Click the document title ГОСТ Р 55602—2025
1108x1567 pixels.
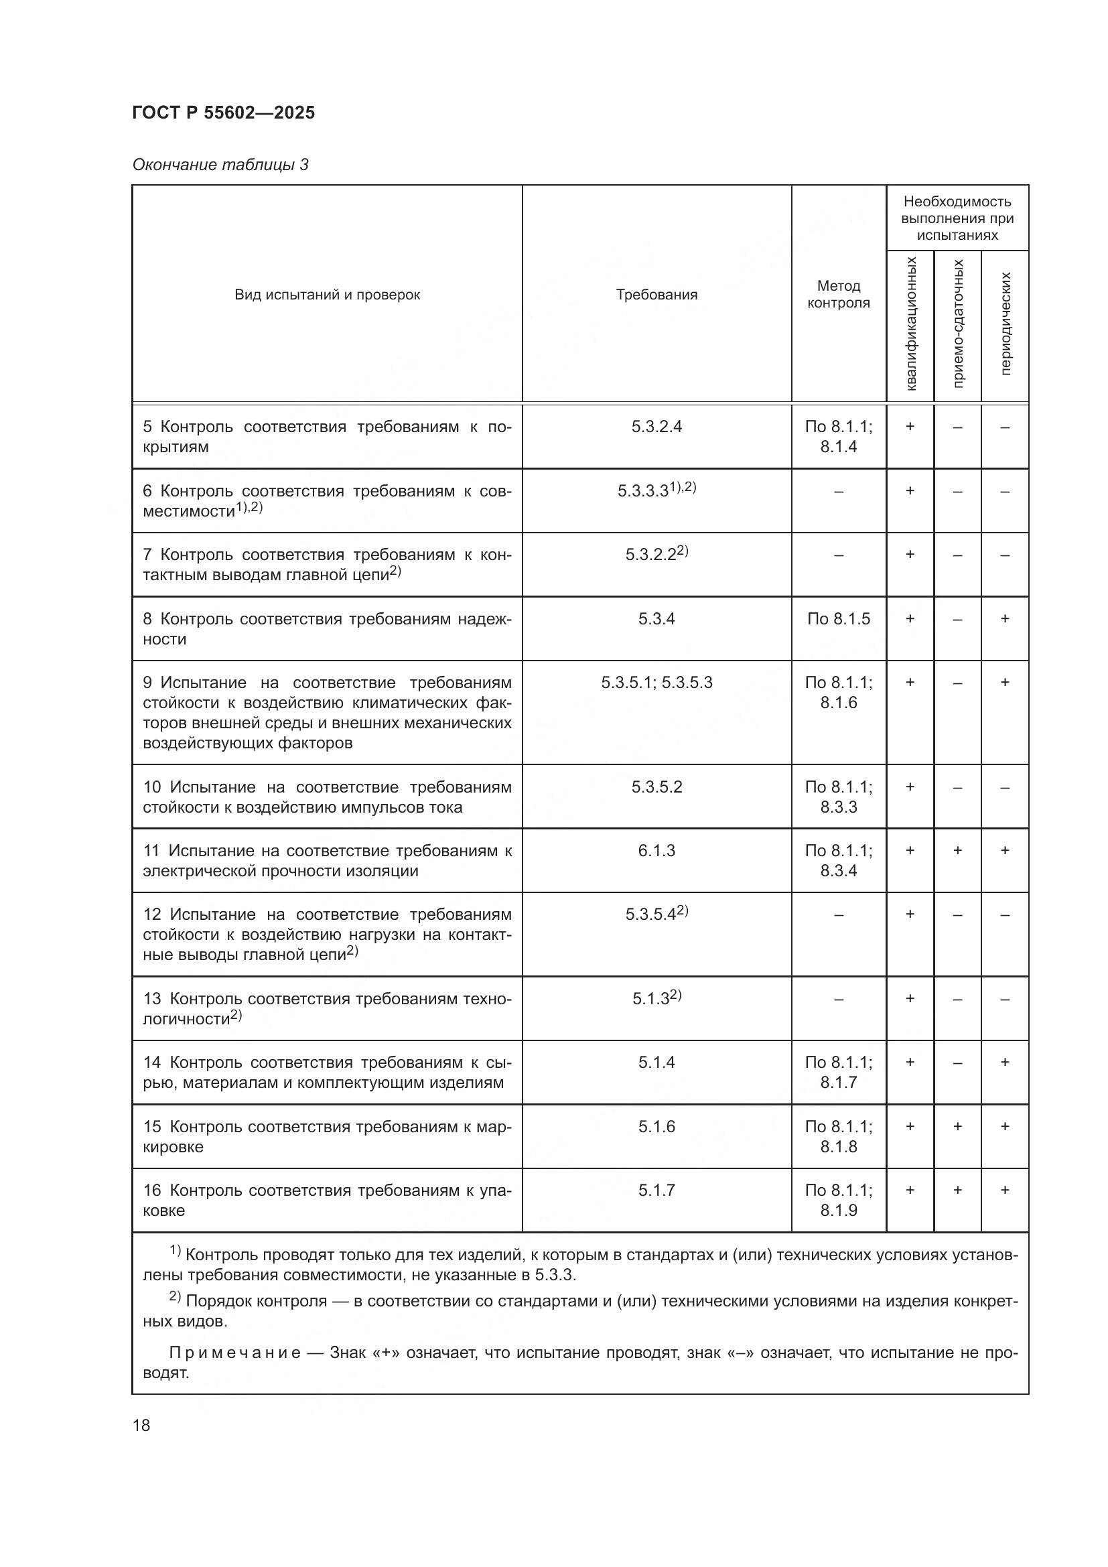(x=223, y=113)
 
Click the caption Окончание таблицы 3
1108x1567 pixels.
(x=220, y=165)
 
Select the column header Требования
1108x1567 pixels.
(x=656, y=295)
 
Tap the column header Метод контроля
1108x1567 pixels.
(x=838, y=294)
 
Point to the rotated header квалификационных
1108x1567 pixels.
(x=911, y=324)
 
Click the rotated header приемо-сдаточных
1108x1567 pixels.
(x=958, y=324)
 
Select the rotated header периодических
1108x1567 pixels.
(x=1005, y=324)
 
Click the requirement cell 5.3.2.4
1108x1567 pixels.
(x=656, y=427)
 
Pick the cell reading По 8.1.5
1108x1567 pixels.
(x=838, y=619)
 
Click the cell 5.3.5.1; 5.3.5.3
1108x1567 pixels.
(x=656, y=683)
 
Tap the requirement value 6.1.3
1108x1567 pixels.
(x=656, y=850)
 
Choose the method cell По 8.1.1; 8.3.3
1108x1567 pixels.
(x=838, y=797)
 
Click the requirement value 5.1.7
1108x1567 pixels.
(x=656, y=1190)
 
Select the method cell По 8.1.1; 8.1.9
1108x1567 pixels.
(x=838, y=1200)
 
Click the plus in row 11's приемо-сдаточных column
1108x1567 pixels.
(x=957, y=850)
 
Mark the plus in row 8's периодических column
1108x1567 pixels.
(x=1004, y=619)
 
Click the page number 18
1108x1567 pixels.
(x=141, y=1426)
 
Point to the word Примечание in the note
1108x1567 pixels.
(x=234, y=1353)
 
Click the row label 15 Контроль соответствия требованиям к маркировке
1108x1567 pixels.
(x=327, y=1136)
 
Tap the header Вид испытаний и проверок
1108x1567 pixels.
(x=327, y=295)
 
